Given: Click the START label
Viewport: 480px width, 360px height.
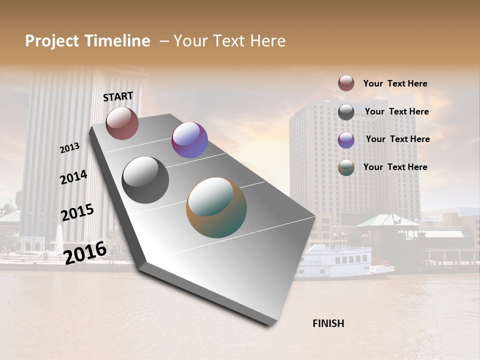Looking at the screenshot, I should point(118,96).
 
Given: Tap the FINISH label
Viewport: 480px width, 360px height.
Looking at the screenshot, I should point(328,323).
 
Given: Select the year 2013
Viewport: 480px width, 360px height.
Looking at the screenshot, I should point(70,147).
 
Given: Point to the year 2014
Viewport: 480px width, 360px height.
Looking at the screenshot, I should point(73,177).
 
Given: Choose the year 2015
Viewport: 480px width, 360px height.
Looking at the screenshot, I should point(77,212).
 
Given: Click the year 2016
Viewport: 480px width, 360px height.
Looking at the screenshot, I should point(85,252).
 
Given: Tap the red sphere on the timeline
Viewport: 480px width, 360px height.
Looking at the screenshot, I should point(122,123).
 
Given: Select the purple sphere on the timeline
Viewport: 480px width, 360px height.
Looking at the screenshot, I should point(189,140).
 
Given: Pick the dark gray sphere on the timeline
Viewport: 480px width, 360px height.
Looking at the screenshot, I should point(145,180).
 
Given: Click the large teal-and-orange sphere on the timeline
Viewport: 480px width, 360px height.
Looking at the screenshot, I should point(216,207).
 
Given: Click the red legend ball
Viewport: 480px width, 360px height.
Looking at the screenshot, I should point(346,83).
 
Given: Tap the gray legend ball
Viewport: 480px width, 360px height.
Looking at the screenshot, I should point(346,112).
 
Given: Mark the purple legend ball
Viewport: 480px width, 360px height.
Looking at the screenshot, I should point(346,140).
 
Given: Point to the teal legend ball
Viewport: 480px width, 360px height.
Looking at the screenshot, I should point(346,168).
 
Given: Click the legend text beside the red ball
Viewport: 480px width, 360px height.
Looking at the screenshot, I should point(395,83).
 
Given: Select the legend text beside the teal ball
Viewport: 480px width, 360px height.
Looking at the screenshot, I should point(395,167).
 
